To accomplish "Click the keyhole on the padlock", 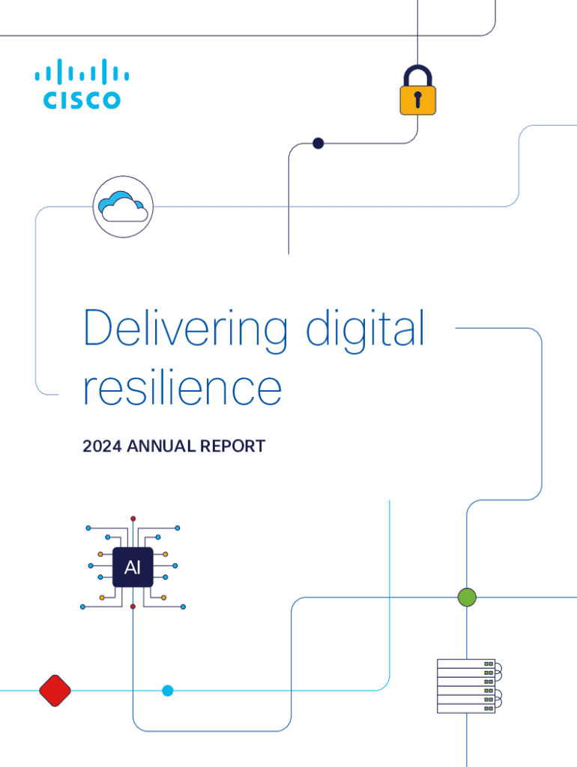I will [x=417, y=98].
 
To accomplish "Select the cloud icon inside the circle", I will [x=123, y=206].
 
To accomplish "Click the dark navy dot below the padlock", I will [x=318, y=143].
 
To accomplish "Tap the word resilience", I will [x=182, y=389].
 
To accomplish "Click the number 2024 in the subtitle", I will [x=103, y=446].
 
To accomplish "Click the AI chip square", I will [x=133, y=568].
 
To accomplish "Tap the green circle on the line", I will [x=467, y=597].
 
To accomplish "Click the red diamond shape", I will [x=55, y=690].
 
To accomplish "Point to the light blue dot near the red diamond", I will [x=168, y=691].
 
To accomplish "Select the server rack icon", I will [x=468, y=685].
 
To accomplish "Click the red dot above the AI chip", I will [x=133, y=518].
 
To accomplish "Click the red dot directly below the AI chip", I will [x=133, y=606].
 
